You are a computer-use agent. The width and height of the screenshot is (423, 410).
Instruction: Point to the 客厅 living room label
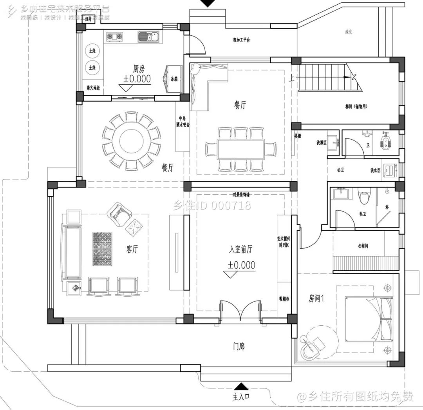(132, 249)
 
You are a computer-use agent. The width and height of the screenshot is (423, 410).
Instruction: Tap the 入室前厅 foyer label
(241, 249)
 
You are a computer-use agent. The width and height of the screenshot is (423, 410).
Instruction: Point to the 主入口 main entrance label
(241, 397)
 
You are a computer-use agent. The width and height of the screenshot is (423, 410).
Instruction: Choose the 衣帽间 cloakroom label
(363, 246)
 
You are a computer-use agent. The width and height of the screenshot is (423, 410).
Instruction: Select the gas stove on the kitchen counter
(114, 37)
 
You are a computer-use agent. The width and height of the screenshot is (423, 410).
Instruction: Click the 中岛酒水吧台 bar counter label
(181, 121)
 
